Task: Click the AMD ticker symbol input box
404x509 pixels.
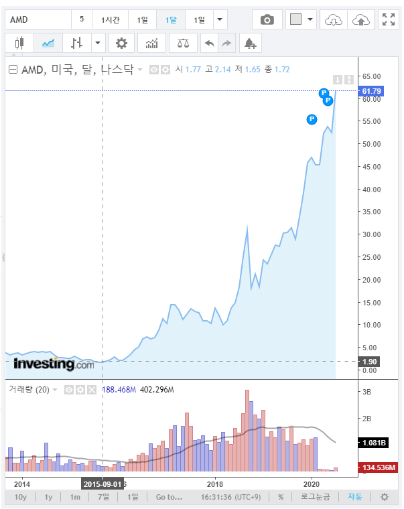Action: click(x=38, y=19)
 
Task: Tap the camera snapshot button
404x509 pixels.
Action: click(x=267, y=19)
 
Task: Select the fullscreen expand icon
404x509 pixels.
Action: click(x=388, y=19)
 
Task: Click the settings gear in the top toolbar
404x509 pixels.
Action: click(x=121, y=44)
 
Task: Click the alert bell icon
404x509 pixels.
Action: click(x=250, y=44)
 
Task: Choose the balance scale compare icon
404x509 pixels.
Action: click(x=182, y=44)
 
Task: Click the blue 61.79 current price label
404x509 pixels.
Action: click(x=371, y=90)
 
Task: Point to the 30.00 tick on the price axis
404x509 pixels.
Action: click(x=371, y=234)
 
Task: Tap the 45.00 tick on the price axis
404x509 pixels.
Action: click(x=371, y=166)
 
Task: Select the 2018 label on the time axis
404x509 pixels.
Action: click(x=215, y=483)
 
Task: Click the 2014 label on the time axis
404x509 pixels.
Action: click(x=22, y=483)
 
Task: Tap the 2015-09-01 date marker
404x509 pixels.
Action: click(x=102, y=483)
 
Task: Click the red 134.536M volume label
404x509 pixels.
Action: click(x=379, y=467)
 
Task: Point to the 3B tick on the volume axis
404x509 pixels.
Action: click(x=368, y=392)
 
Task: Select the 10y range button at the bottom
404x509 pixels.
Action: click(x=21, y=497)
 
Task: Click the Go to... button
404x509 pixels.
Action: click(x=169, y=497)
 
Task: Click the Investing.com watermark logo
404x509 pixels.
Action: click(x=54, y=364)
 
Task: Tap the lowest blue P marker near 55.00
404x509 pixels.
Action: click(x=312, y=119)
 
